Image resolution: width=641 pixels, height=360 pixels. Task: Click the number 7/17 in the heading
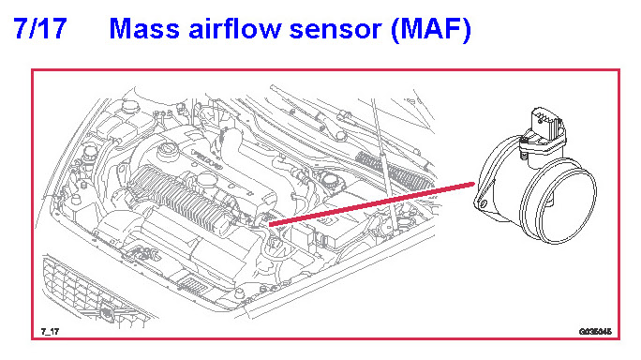(x=40, y=29)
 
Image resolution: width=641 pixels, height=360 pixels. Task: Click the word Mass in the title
(x=144, y=29)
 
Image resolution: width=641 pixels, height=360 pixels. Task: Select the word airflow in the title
(x=235, y=28)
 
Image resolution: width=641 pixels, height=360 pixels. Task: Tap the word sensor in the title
(x=335, y=31)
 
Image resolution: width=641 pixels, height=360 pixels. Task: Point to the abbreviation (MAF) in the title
(x=431, y=29)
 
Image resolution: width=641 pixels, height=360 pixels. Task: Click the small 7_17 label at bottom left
(x=50, y=331)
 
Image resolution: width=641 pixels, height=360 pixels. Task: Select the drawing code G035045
(x=595, y=331)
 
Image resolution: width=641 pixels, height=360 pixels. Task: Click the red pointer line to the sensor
(x=372, y=204)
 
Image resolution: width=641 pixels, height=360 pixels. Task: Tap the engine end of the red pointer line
(x=270, y=224)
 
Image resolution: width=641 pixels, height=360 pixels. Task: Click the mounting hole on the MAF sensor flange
(x=484, y=203)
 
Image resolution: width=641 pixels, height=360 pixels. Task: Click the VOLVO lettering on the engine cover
(x=206, y=160)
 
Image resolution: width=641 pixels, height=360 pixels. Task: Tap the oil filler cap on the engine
(x=168, y=148)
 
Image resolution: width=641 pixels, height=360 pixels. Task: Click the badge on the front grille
(x=107, y=312)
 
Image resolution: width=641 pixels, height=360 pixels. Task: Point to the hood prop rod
(x=383, y=166)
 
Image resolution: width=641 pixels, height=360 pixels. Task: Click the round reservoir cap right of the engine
(x=329, y=179)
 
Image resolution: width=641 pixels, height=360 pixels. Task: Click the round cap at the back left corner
(x=131, y=105)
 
